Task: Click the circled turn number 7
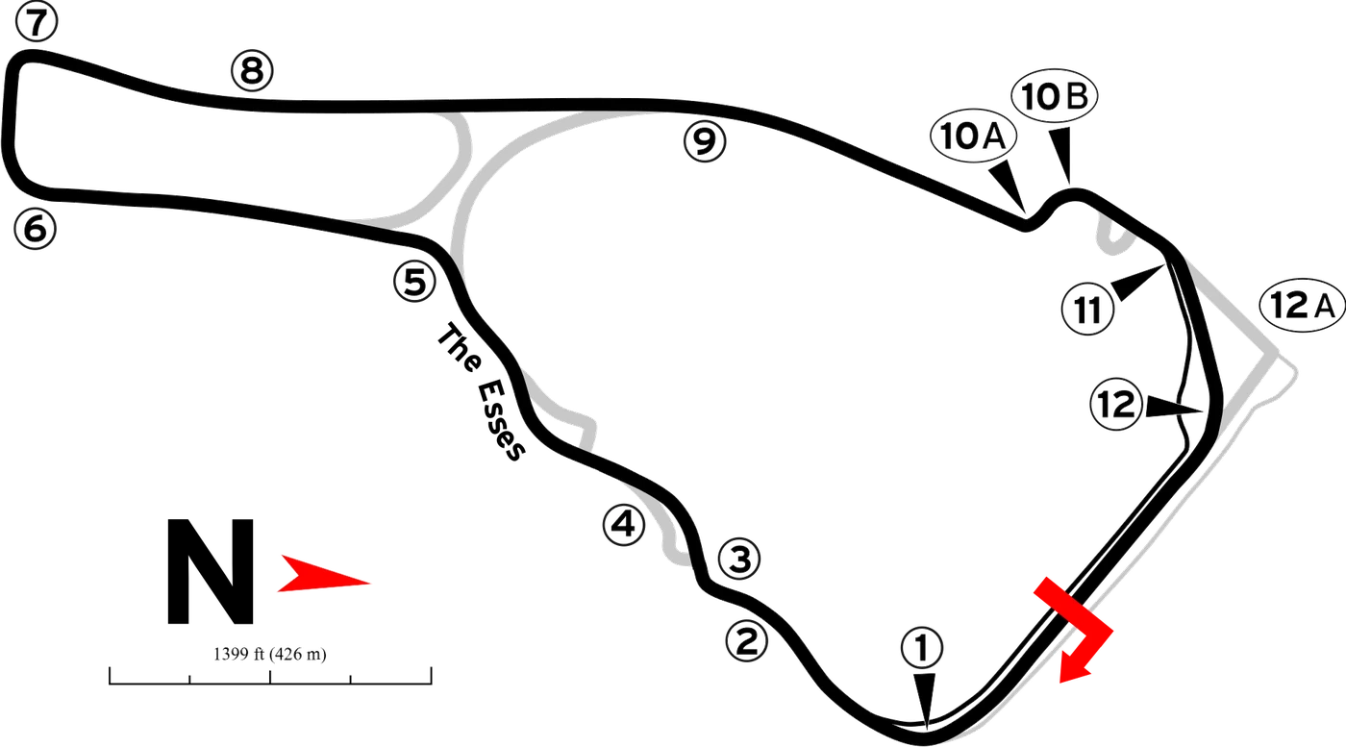coord(37,22)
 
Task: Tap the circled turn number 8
coord(252,70)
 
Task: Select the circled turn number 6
coord(36,229)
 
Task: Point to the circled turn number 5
coord(414,282)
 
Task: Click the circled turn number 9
coord(705,141)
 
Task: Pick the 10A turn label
coord(973,137)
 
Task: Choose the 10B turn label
coord(1055,96)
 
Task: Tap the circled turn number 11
coord(1087,310)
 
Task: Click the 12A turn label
coord(1303,306)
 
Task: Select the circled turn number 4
coord(624,525)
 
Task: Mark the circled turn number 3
coord(739,559)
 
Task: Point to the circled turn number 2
coord(747,641)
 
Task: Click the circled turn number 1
coord(922,648)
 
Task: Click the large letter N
coord(210,571)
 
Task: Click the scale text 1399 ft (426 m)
coord(270,654)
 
